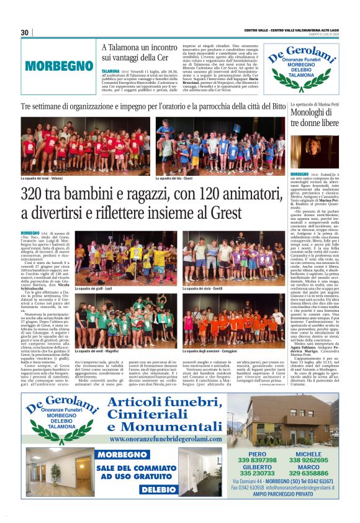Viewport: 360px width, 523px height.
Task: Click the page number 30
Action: (x=25, y=32)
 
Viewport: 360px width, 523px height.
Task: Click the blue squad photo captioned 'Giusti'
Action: (x=220, y=146)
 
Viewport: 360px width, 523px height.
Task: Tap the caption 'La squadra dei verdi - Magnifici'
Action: (x=96, y=350)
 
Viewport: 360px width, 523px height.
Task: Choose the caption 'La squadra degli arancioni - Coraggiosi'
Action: (x=212, y=350)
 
